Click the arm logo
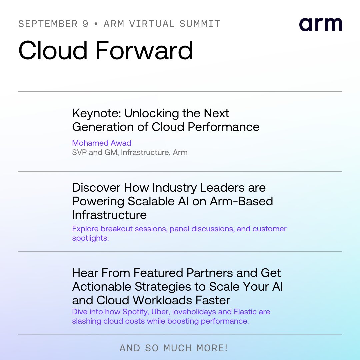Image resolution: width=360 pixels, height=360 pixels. tap(320, 25)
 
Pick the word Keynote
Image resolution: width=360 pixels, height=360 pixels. tap(96, 113)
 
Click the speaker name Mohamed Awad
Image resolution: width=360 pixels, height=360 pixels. tap(102, 143)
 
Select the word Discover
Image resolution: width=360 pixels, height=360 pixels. tap(96, 187)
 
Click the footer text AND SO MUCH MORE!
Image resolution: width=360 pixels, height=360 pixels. tap(174, 348)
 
